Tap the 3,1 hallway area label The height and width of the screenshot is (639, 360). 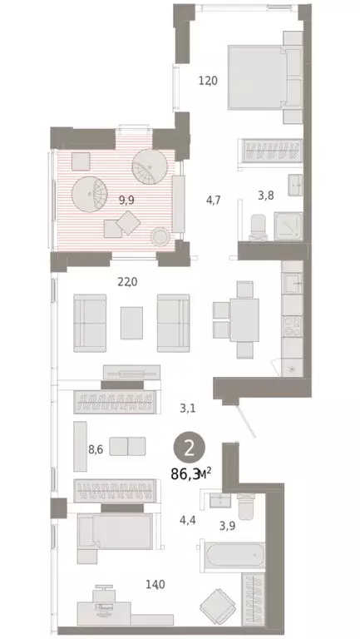point(188,408)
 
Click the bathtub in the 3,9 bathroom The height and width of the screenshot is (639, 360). point(232,553)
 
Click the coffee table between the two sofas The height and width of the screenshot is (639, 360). point(132,323)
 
